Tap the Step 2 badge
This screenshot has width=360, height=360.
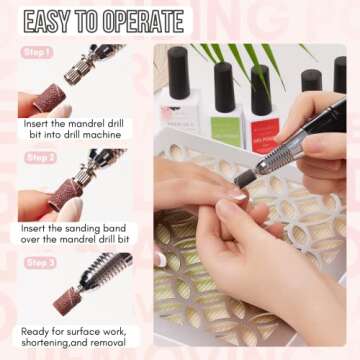[40, 157]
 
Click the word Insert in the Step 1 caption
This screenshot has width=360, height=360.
[37, 122]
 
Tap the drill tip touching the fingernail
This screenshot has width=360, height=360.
[241, 179]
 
